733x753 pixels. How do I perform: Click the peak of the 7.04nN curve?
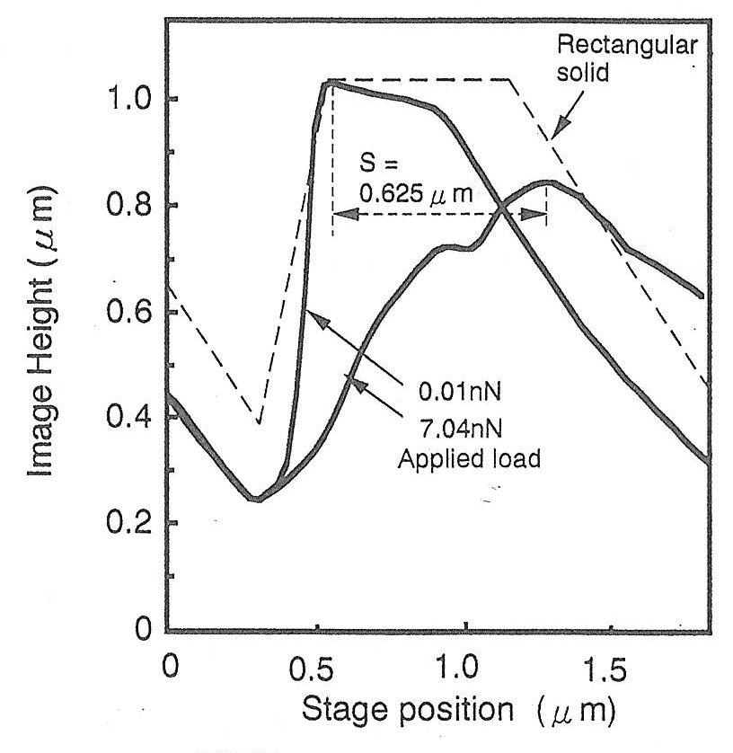tap(547, 182)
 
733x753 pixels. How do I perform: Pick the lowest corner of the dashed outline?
tap(259, 422)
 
